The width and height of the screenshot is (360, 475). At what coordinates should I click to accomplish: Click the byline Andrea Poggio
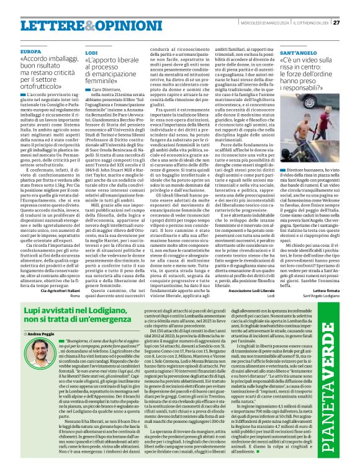click(x=41, y=334)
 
